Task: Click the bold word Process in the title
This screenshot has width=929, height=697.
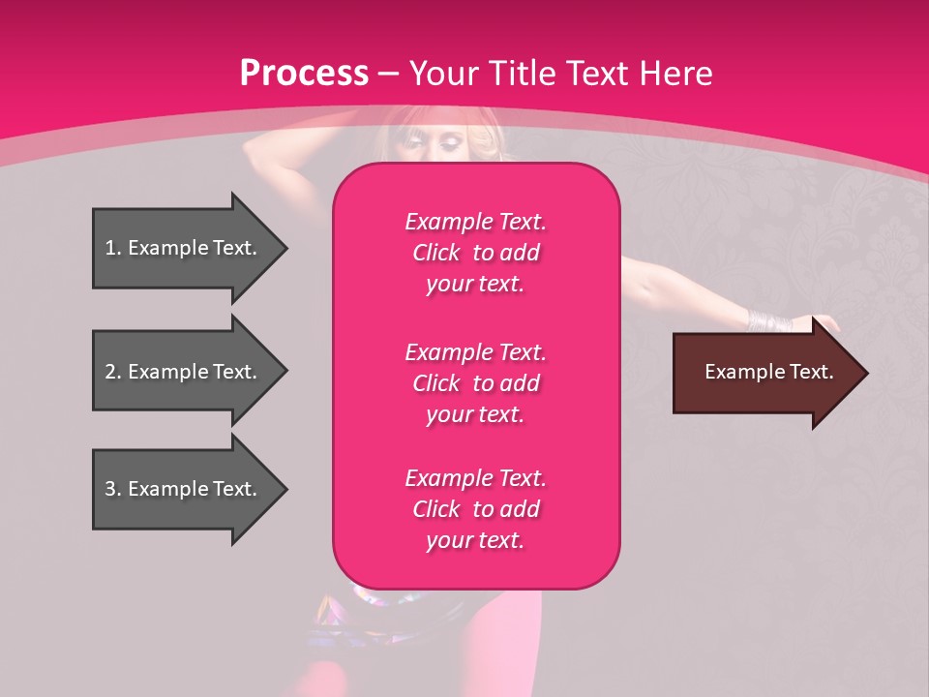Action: click(304, 74)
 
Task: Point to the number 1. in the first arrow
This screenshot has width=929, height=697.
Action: click(113, 248)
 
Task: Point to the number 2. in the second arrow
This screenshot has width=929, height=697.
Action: click(113, 372)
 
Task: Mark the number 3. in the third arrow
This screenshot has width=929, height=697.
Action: click(113, 489)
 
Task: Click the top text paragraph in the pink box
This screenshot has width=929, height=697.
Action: click(475, 253)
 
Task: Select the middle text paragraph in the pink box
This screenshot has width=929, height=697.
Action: click(475, 383)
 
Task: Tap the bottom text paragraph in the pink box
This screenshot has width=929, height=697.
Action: click(475, 509)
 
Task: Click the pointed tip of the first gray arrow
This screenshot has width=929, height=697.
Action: click(285, 248)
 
